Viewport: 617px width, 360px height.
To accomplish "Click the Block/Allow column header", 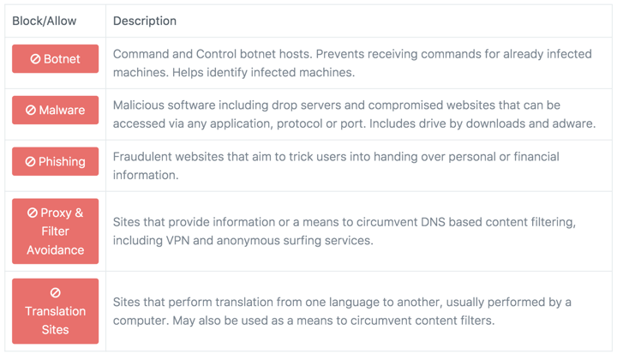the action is tap(44, 21).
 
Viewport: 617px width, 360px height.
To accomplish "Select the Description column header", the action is tap(145, 21).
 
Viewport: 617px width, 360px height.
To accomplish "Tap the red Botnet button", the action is tap(55, 58).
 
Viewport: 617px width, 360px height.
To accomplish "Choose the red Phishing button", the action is tap(55, 161).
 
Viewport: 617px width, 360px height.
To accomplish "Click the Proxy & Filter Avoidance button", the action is tap(55, 231).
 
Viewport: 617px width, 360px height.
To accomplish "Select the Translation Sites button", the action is tap(55, 311).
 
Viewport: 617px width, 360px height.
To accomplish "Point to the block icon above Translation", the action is tap(55, 293).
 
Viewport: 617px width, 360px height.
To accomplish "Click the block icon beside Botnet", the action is tap(35, 59).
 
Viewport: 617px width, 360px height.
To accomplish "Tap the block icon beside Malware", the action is tap(31, 111).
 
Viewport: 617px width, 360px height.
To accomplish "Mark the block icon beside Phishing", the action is tap(30, 162).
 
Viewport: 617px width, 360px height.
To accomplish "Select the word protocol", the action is tap(299, 124).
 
